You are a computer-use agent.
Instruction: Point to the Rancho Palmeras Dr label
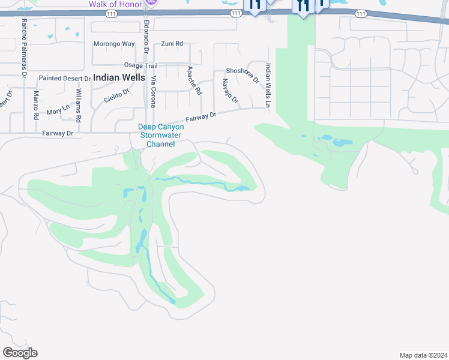click(x=24, y=48)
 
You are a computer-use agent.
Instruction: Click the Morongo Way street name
click(x=114, y=44)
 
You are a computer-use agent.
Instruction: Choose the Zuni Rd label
click(x=172, y=44)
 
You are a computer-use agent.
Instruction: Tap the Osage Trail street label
click(x=140, y=65)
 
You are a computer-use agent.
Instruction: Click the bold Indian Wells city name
click(x=119, y=77)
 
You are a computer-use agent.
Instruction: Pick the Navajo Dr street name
click(x=230, y=91)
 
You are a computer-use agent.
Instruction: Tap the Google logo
click(x=20, y=353)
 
